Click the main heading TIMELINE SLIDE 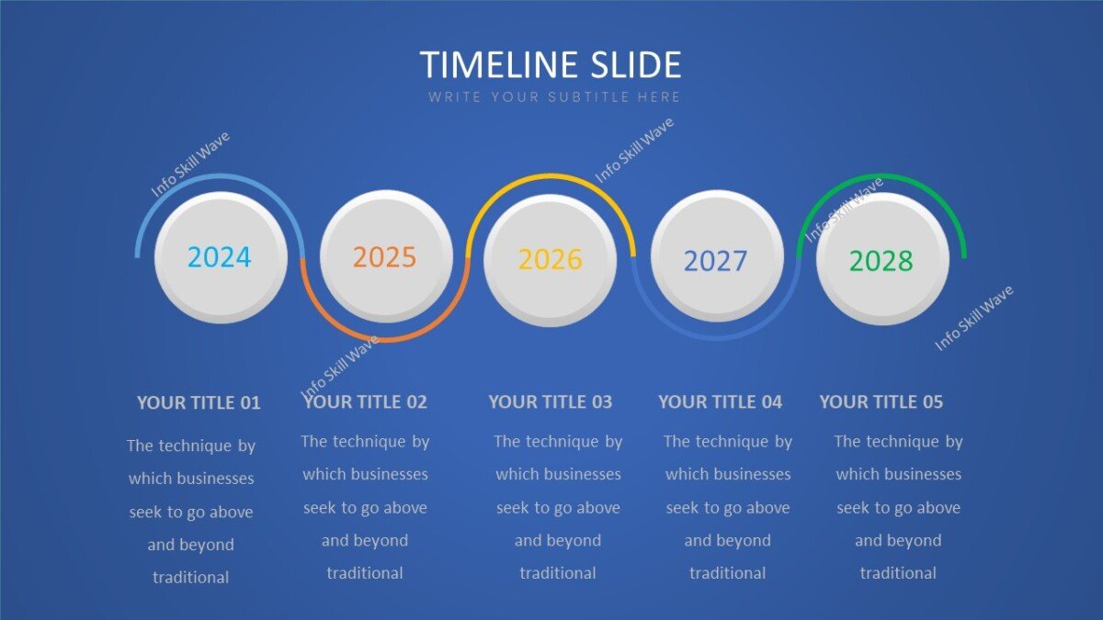(x=551, y=65)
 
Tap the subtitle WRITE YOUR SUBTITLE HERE (x=554, y=96)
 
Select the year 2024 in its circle (x=219, y=257)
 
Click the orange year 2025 (x=385, y=257)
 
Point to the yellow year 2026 (x=551, y=260)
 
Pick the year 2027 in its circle (x=716, y=261)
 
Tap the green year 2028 (x=881, y=261)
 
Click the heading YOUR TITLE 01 (x=199, y=402)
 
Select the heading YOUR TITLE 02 (x=365, y=401)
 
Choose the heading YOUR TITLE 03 (x=550, y=401)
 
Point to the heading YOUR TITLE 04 (x=720, y=401)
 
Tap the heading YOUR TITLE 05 (x=881, y=401)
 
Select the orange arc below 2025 (x=385, y=340)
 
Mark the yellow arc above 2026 (x=551, y=175)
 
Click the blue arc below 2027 (x=716, y=337)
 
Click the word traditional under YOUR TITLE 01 (x=191, y=578)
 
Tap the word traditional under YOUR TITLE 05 (x=898, y=573)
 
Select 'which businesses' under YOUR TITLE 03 (x=558, y=474)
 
